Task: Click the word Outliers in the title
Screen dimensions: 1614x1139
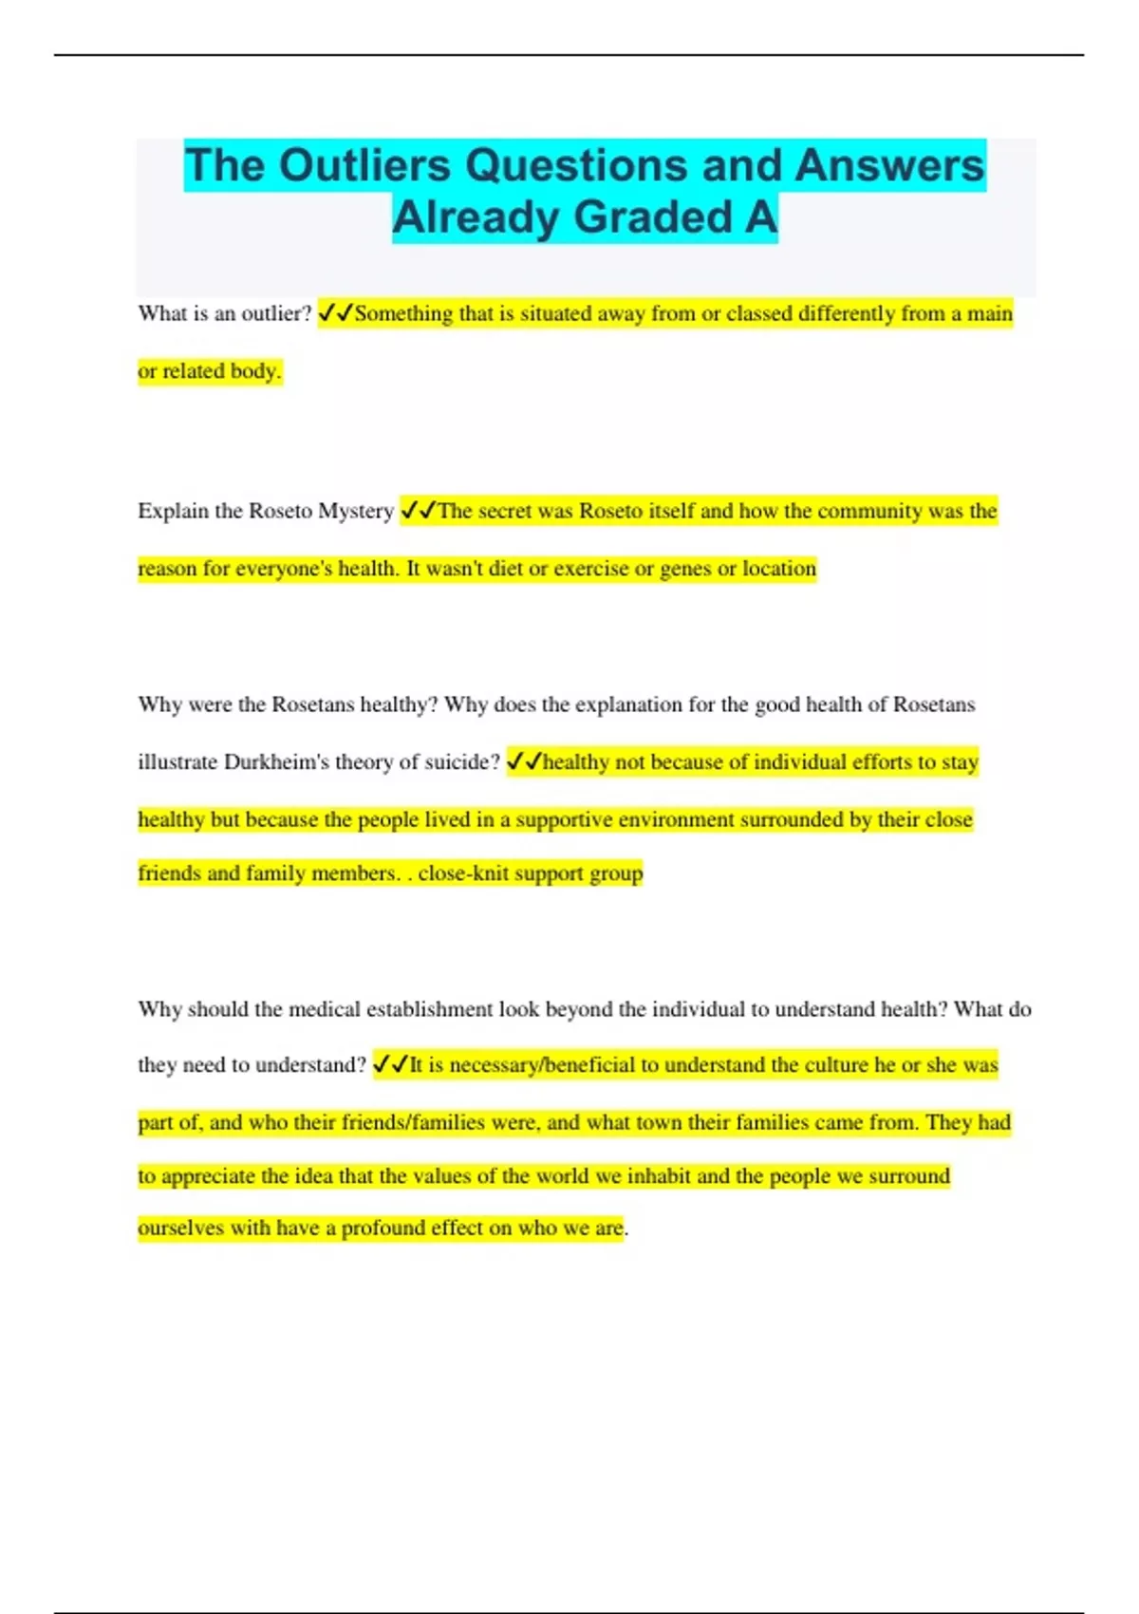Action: pyautogui.click(x=364, y=165)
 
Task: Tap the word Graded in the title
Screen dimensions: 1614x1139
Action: pyautogui.click(x=654, y=216)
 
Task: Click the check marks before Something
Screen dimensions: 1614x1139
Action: pyautogui.click(x=336, y=312)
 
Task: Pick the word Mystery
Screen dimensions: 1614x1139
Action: pyautogui.click(x=356, y=511)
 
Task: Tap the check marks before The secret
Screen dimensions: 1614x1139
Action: pyautogui.click(x=419, y=510)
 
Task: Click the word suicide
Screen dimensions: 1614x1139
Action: pyautogui.click(x=464, y=761)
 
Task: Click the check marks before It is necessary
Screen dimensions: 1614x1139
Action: pyautogui.click(x=391, y=1064)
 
